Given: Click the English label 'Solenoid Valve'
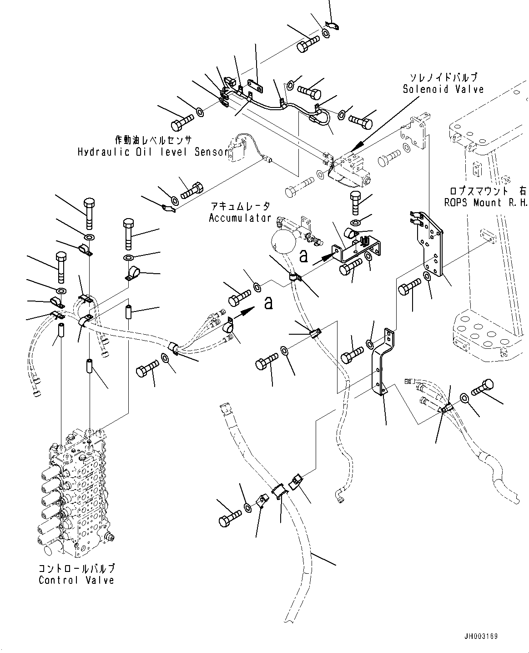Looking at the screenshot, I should pos(443,90).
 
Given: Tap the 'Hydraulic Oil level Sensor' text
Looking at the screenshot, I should pos(152,152).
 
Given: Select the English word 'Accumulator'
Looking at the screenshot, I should pos(240,218).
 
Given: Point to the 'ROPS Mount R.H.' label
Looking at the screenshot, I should pos(485,203).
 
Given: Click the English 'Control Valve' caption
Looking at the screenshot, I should pos(76,580).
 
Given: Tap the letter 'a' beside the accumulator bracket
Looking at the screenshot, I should pos(304,256).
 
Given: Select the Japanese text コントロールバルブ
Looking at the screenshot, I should pos(76,569).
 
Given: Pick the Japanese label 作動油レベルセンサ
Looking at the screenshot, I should pos(153,140).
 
